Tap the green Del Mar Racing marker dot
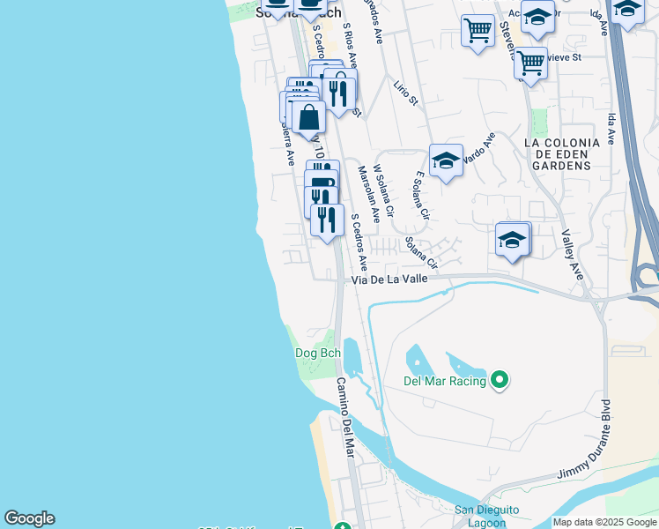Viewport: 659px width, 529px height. pyautogui.click(x=500, y=381)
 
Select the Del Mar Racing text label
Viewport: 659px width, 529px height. pyautogui.click(x=445, y=381)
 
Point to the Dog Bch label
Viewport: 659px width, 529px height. pyautogui.click(x=317, y=354)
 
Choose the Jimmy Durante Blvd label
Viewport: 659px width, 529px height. pyautogui.click(x=597, y=439)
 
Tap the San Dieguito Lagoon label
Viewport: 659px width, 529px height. pyautogui.click(x=486, y=516)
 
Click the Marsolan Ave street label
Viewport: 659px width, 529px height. pyautogui.click(x=367, y=192)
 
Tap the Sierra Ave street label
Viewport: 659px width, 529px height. pyautogui.click(x=286, y=142)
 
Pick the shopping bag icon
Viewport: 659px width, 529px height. pyautogui.click(x=309, y=117)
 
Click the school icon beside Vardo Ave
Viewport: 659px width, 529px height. pyautogui.click(x=446, y=160)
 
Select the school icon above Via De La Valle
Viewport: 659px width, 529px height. pyautogui.click(x=513, y=239)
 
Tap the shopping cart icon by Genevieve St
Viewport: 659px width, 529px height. pyautogui.click(x=530, y=63)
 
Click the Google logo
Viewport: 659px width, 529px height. pyautogui.click(x=29, y=518)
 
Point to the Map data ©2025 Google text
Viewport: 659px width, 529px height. pyautogui.click(x=605, y=522)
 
